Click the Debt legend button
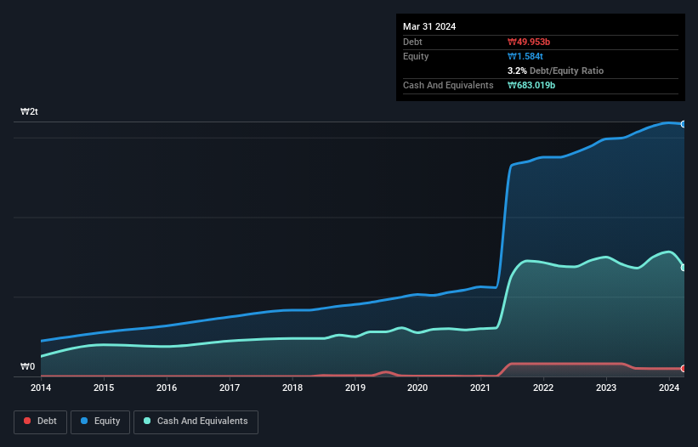[40, 421]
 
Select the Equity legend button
[101, 421]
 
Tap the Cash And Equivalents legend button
[196, 421]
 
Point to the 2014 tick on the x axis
[41, 388]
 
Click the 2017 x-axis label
[230, 388]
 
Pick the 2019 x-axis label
[355, 388]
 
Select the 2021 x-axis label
[480, 388]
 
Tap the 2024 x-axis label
[669, 388]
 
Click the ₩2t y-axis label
[30, 112]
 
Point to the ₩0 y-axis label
[28, 367]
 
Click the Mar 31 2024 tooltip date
[429, 26]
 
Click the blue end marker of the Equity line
[684, 124]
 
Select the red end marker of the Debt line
[684, 369]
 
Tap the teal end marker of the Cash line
[684, 268]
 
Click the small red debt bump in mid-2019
[387, 372]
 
